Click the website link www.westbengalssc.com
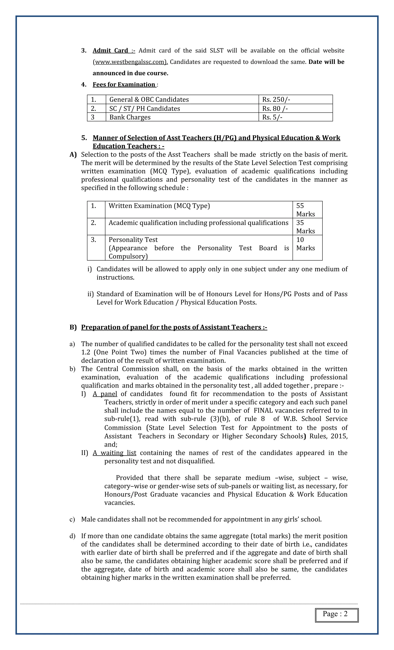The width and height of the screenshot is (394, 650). point(130,62)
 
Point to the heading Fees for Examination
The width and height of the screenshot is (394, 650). point(124,84)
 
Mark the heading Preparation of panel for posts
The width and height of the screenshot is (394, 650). point(174,327)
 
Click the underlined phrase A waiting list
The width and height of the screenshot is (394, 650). point(114,453)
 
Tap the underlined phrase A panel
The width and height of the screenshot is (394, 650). point(105,394)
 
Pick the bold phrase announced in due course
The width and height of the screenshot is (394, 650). point(130,73)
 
